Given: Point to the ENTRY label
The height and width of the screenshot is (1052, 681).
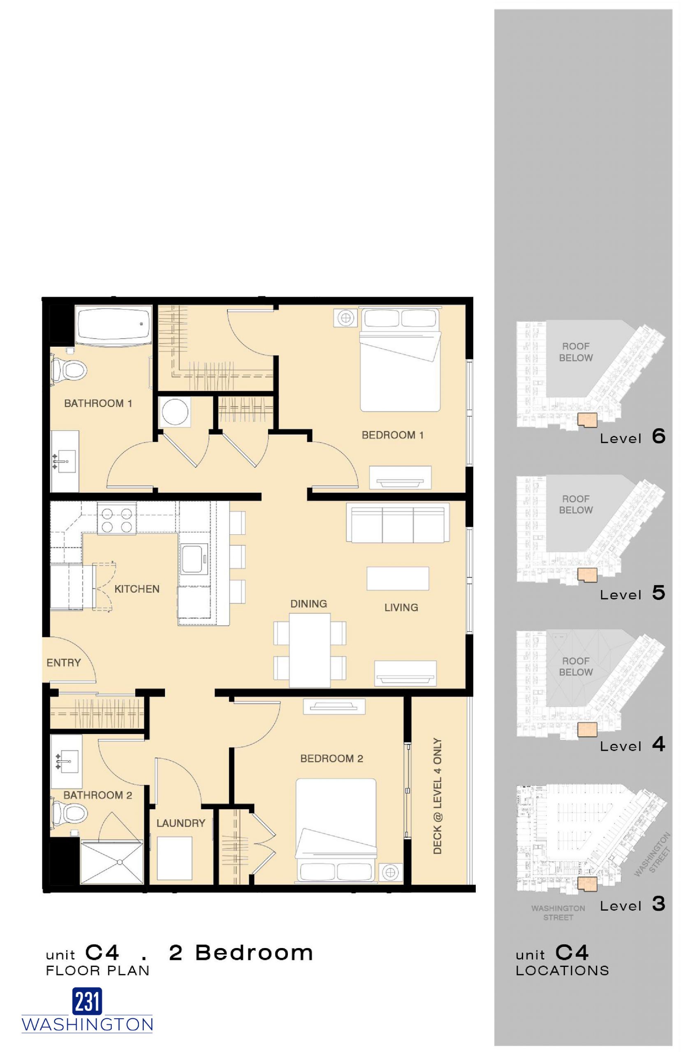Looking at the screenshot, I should pos(64,663).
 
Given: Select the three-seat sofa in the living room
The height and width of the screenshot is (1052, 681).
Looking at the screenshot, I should pos(398,524).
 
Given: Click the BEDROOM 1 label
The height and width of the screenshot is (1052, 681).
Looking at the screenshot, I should pos(393,435).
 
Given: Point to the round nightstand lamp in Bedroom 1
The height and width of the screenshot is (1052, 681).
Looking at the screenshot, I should pos(346,318).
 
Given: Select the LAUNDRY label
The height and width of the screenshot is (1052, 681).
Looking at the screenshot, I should pos(181,823).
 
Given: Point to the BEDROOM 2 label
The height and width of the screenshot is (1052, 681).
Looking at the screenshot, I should pos(331,759).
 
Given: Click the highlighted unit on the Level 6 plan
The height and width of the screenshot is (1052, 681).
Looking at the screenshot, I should pos(587,420).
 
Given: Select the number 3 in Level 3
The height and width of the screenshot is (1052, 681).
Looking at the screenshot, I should pos(658,904).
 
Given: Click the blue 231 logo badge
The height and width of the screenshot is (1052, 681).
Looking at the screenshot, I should pos(87,1001).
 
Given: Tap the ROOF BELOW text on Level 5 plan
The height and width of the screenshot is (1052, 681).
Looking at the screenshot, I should pos(575,504).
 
